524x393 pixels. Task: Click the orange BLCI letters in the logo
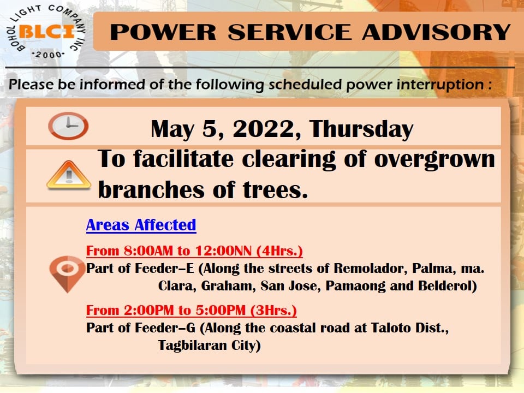point(47,32)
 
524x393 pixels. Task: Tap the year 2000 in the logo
point(48,55)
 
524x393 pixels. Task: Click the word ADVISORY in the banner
point(436,32)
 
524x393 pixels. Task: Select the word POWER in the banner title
point(163,32)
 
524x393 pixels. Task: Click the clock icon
point(68,126)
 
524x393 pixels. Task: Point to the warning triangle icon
point(69,175)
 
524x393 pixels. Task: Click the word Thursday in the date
point(361,129)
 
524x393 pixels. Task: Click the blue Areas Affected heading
point(141,225)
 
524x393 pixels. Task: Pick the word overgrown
point(434,160)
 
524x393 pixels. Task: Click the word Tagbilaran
point(189,345)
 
